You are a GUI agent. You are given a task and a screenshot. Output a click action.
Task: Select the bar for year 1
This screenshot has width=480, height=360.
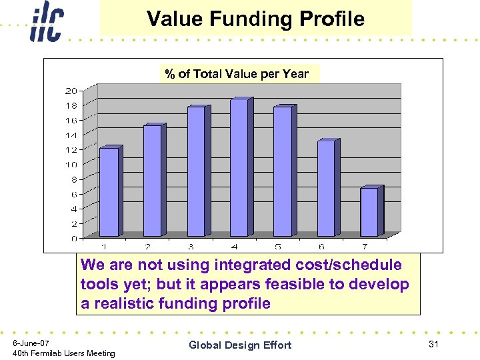pos(109,191)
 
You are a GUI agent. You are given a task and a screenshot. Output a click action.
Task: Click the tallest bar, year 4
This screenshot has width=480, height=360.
pos(239,167)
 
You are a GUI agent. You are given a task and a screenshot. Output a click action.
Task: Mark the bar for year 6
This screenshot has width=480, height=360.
pos(326,188)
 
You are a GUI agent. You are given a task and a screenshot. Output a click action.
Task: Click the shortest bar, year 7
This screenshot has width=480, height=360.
pos(369,211)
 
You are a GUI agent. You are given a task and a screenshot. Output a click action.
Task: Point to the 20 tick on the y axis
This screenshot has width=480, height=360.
pos(71,90)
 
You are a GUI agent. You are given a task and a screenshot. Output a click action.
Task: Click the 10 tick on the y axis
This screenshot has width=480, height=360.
pos(71,164)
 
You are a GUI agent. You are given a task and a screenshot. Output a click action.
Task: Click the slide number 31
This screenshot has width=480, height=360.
pos(435,343)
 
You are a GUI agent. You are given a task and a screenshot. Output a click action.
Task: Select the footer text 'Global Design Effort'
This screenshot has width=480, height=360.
pos(240,345)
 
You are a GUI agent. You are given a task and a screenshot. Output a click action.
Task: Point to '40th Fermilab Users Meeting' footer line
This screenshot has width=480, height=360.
pos(64,353)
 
